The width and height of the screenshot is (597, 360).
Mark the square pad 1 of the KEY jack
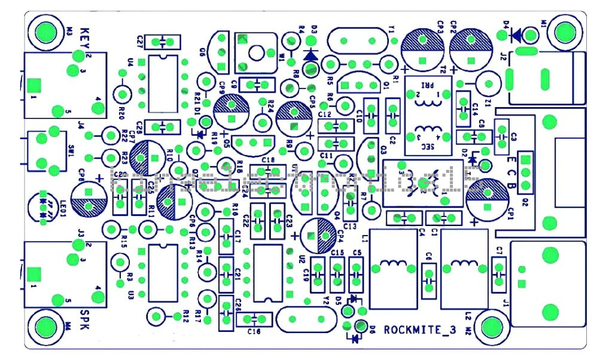tap(34, 86)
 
